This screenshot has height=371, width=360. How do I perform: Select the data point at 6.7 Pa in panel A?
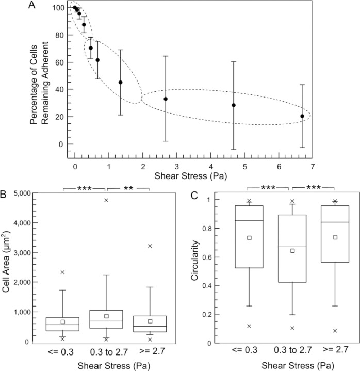tap(302, 116)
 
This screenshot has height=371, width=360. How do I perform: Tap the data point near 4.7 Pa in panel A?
tap(234, 105)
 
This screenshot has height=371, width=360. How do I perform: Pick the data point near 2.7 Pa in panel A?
tap(166, 99)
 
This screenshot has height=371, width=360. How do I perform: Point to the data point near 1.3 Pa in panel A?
tap(120, 83)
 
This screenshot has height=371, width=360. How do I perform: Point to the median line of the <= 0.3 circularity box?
tap(249, 220)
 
